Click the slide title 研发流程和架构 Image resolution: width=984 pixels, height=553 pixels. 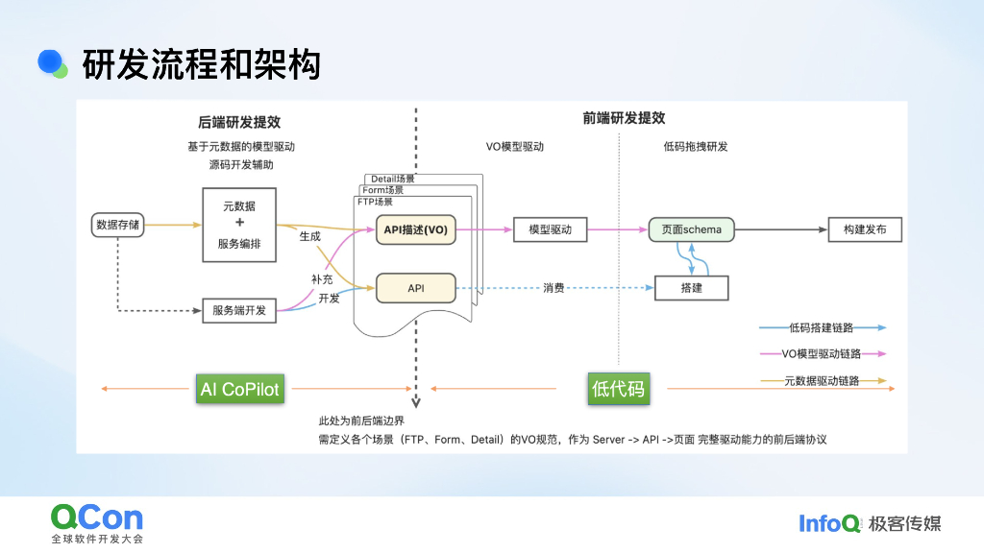coord(201,64)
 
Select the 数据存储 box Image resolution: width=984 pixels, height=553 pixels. coord(117,226)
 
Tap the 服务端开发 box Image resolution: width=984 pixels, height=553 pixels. coord(239,310)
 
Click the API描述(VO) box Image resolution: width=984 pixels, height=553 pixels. coord(415,229)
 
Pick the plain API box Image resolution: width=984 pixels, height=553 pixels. coord(415,287)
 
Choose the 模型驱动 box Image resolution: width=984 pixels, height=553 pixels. coord(550,229)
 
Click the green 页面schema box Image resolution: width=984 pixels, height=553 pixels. coord(692,229)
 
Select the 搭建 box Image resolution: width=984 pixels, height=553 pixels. coord(692,287)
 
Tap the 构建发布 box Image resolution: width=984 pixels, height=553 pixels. coord(865,229)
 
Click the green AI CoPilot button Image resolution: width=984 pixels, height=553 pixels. coord(239,389)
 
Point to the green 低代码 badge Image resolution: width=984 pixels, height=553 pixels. coord(619,389)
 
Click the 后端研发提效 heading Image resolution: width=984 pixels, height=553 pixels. coord(239,123)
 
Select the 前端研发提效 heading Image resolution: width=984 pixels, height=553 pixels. coord(624,118)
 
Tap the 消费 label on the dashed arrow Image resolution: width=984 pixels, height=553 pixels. coord(553,287)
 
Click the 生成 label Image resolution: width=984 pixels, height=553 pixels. coord(309,236)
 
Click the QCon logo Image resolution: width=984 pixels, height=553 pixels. coord(96,518)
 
